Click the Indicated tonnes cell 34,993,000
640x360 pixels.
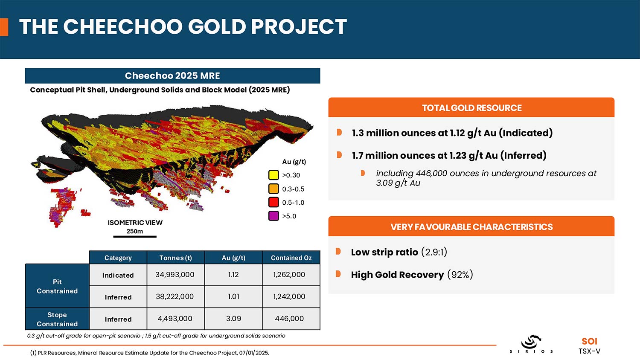[x=175, y=275]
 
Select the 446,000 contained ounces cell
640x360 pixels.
[x=289, y=319]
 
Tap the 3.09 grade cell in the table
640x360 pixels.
[x=233, y=319]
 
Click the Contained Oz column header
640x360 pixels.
[x=291, y=258]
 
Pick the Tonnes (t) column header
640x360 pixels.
[x=175, y=258]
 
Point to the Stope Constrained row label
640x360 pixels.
[x=57, y=319]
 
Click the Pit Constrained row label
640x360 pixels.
[x=57, y=286]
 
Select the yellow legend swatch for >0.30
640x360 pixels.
[x=273, y=175]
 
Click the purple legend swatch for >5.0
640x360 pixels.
[x=273, y=216]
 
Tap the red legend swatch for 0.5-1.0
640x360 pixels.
[x=273, y=202]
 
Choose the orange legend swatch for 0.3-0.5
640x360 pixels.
[x=273, y=189]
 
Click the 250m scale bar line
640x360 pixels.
[x=135, y=236]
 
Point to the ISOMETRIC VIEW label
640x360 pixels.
[x=135, y=223]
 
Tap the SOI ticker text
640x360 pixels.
[x=589, y=341]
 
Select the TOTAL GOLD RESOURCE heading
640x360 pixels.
[x=471, y=108]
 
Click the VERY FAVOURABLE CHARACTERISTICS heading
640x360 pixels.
[x=471, y=227]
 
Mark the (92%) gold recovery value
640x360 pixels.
[x=460, y=275]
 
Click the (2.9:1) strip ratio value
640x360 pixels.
[x=434, y=252]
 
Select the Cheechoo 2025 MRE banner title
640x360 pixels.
[x=172, y=76]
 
